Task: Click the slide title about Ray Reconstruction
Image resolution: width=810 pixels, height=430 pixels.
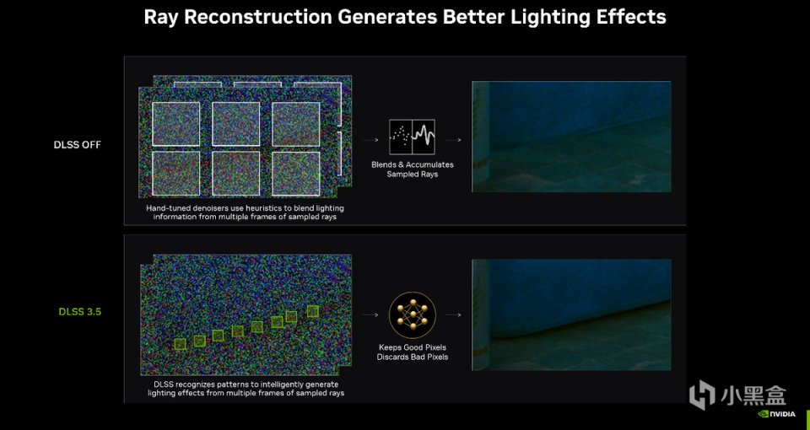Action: click(404, 17)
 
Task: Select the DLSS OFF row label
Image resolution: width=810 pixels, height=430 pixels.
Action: click(78, 144)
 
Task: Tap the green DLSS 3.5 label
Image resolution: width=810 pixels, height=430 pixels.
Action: click(80, 312)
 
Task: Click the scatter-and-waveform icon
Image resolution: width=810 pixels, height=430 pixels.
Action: click(412, 137)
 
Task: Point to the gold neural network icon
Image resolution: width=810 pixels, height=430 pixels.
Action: click(413, 314)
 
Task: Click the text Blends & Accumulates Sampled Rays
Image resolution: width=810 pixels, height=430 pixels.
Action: click(413, 169)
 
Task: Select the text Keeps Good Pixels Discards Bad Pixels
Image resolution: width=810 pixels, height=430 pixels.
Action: click(413, 352)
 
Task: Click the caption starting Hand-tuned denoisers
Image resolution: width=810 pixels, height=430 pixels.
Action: click(245, 212)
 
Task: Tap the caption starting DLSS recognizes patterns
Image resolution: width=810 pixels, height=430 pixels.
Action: click(246, 389)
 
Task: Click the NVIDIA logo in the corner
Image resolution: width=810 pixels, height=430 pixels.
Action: click(777, 414)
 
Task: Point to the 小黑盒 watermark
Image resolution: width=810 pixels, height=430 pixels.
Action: click(737, 395)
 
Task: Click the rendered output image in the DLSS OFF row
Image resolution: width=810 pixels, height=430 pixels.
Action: click(571, 137)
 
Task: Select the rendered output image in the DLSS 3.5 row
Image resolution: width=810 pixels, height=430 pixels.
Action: click(571, 314)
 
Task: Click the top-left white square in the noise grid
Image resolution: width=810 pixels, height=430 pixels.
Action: click(176, 124)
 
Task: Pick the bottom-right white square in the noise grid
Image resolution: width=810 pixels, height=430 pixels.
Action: click(296, 174)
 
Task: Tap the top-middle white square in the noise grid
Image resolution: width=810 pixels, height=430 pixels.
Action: click(236, 124)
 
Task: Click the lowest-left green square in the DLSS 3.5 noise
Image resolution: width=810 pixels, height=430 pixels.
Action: click(180, 344)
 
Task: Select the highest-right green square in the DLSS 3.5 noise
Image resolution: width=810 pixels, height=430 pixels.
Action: click(312, 311)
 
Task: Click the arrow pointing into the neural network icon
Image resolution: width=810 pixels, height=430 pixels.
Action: click(370, 314)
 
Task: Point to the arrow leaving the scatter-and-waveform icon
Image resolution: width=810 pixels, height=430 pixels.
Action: click(453, 140)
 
